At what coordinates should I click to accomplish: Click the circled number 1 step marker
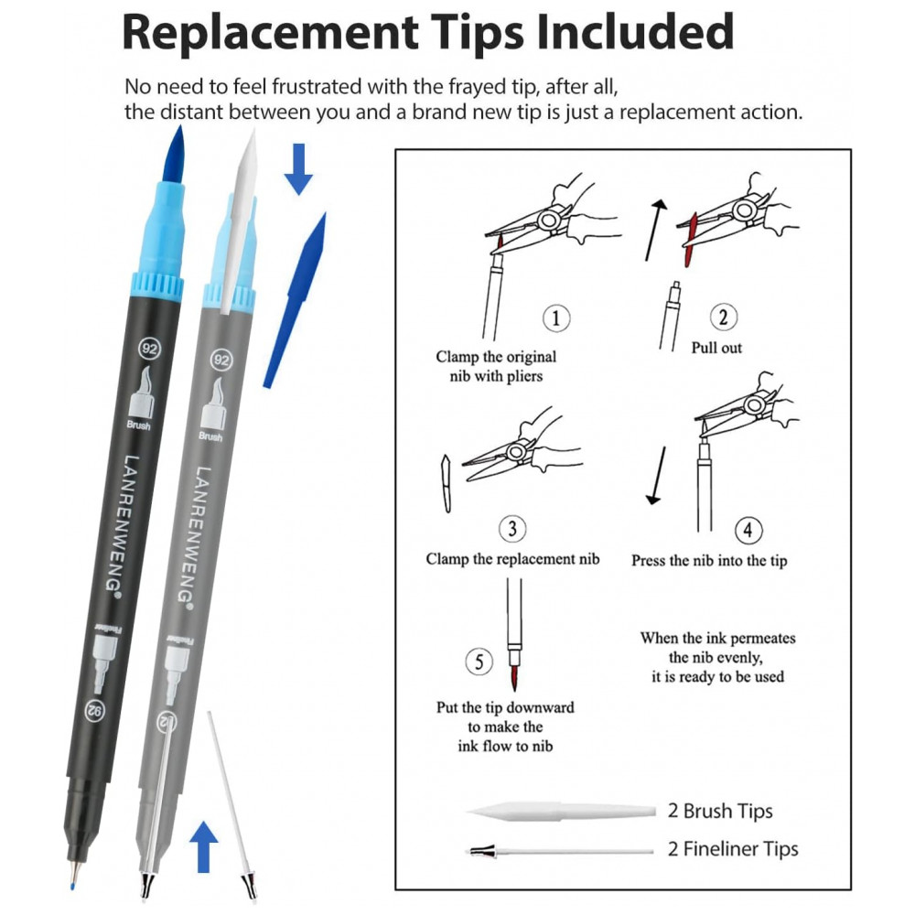556,318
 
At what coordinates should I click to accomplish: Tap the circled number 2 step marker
723,317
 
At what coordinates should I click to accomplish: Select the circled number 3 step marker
512,529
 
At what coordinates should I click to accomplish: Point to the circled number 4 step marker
748,531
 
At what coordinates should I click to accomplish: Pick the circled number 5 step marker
479,662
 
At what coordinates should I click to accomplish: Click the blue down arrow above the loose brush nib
298,169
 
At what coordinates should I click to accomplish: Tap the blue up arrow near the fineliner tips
203,846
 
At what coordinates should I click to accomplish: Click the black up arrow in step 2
655,230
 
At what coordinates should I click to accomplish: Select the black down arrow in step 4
657,476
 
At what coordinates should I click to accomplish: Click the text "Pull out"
716,348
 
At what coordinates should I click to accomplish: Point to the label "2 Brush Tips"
720,811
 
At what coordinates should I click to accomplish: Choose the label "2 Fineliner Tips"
733,849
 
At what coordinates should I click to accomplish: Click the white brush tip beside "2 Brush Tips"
561,811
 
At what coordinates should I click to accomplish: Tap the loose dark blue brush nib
295,300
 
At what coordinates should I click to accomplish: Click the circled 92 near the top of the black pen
149,349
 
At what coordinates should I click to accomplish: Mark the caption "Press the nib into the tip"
709,561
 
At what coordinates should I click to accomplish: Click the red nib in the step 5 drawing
514,677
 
